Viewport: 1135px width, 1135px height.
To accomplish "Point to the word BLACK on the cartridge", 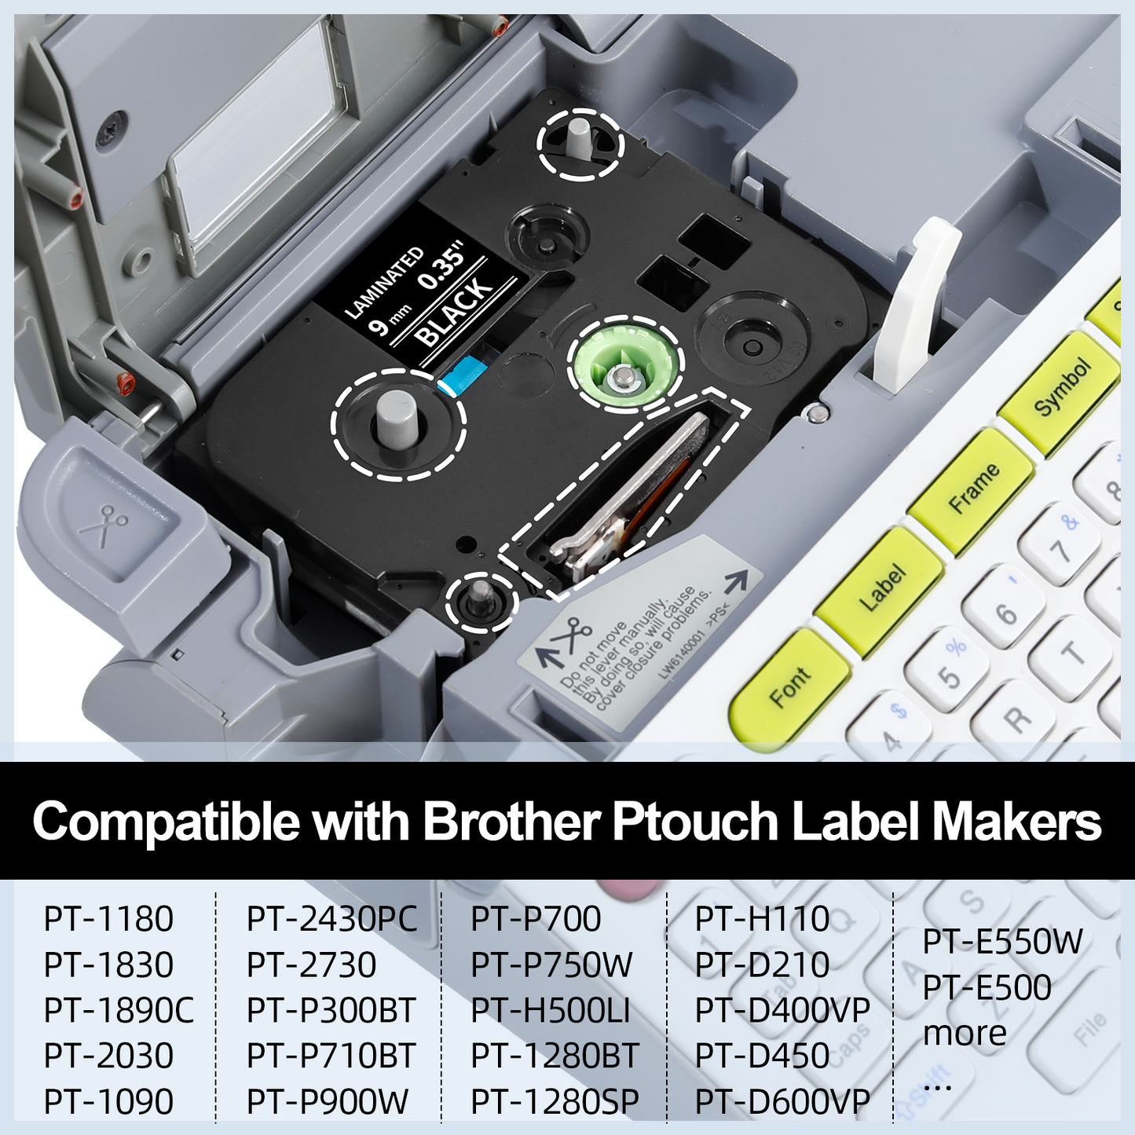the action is coord(454,311).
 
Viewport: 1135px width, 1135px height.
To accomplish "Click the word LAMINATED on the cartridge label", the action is coord(383,282).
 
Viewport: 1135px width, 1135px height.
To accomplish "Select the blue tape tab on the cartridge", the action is coord(463,376).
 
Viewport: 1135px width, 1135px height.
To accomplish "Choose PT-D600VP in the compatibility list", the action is coord(782,1101).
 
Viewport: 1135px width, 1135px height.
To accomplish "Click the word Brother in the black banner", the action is coord(512,821).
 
